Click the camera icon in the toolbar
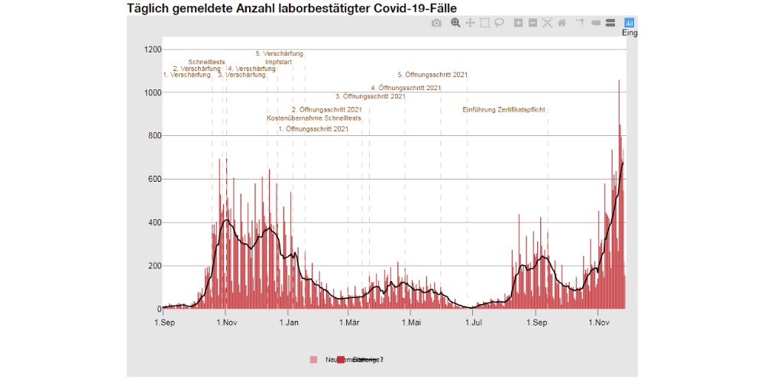[x=436, y=23]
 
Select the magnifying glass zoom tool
[x=455, y=23]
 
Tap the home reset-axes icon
[x=562, y=23]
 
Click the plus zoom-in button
[x=518, y=23]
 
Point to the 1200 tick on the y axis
[x=152, y=50]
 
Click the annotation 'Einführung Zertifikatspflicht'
[x=504, y=110]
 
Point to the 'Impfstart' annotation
[x=280, y=62]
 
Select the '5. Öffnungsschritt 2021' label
[x=432, y=75]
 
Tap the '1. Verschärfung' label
[x=186, y=75]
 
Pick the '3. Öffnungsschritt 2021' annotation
[x=371, y=96]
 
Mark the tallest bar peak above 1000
[x=619, y=81]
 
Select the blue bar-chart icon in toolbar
[x=630, y=23]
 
